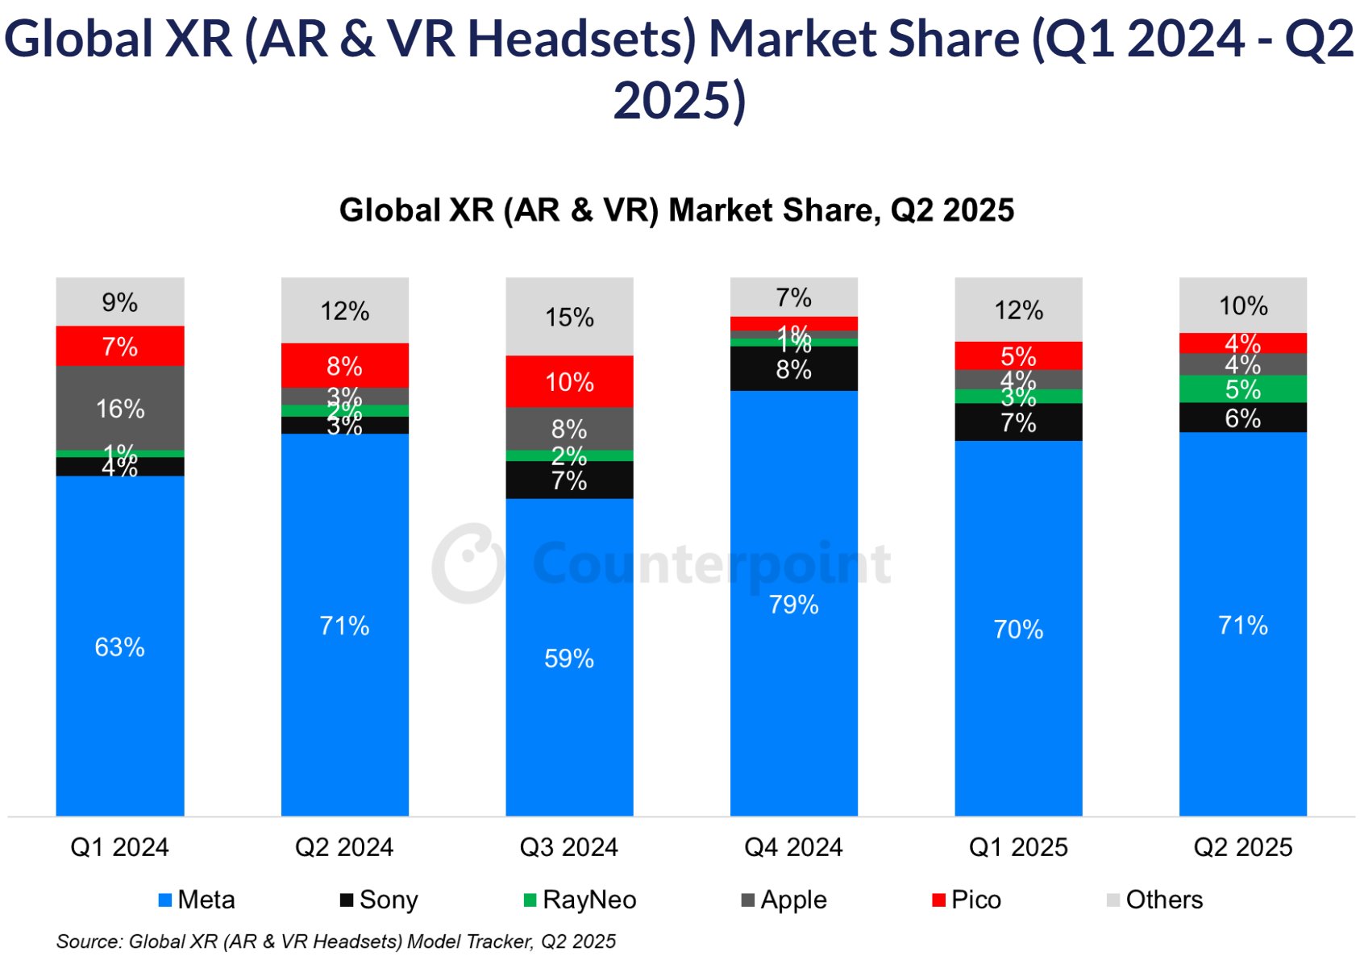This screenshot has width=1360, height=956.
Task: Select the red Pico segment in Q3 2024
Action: [x=569, y=381]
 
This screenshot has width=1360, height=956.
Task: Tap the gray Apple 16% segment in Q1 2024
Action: [x=120, y=408]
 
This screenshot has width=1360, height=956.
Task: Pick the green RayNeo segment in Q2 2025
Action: [x=1242, y=389]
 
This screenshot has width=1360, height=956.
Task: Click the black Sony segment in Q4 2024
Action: [x=794, y=369]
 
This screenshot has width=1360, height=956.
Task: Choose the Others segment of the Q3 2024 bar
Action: [x=569, y=317]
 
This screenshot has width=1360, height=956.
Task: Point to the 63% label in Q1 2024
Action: [x=120, y=646]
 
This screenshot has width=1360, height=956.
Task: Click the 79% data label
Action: [x=794, y=605]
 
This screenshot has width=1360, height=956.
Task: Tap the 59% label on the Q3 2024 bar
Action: [x=569, y=659]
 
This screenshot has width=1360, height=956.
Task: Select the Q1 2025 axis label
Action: [x=1018, y=847]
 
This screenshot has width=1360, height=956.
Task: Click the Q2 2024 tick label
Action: [x=344, y=847]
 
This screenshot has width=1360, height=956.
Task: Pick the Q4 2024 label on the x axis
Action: [x=794, y=847]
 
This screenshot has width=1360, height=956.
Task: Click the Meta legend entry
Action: [x=198, y=900]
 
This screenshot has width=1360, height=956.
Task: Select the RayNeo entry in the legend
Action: [x=580, y=900]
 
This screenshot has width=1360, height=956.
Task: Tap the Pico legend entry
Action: [x=967, y=900]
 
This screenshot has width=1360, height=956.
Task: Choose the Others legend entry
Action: [x=1155, y=900]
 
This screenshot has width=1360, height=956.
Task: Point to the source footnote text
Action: [x=336, y=941]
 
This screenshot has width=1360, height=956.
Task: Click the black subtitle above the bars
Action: [x=676, y=210]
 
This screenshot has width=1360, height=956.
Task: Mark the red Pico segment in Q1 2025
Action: [x=1018, y=355]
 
